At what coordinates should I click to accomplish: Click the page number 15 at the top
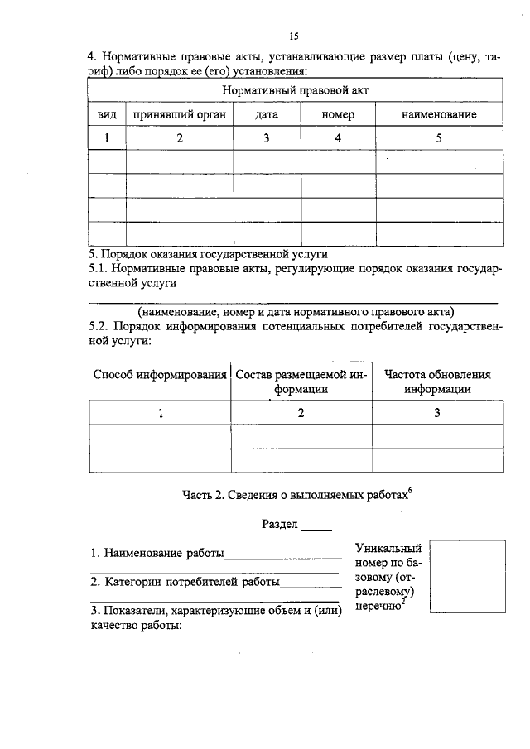(293, 36)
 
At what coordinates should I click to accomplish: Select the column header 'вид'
(107, 114)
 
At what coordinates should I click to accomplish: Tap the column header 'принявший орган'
(179, 114)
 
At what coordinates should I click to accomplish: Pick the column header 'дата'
(267, 114)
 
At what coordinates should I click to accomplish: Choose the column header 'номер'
(338, 114)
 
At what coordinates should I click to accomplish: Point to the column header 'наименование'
(438, 114)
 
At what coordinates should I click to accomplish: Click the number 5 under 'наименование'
(438, 138)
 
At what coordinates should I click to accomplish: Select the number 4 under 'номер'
(338, 138)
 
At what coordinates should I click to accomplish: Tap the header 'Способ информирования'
(160, 375)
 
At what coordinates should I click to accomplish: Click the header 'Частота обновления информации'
(437, 382)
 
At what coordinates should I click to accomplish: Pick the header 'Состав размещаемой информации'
(301, 382)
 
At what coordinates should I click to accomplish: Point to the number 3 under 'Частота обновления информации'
(437, 412)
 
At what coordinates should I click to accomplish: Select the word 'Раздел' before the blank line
(280, 525)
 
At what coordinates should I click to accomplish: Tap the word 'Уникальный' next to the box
(388, 548)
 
